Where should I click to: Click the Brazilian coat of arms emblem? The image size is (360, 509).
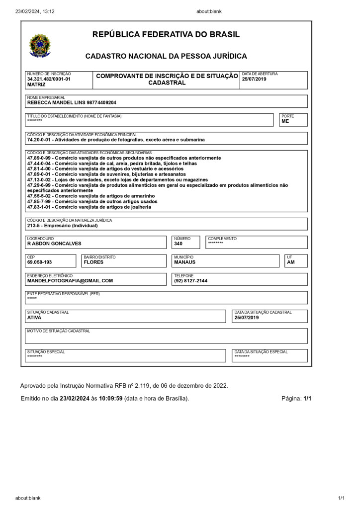pyautogui.click(x=40, y=46)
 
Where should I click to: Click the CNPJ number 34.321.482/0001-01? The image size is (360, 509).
pyautogui.click(x=49, y=79)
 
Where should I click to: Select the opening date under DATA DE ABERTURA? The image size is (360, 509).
pyautogui.click(x=254, y=79)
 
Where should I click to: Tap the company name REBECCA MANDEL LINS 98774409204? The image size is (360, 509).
pyautogui.click(x=72, y=102)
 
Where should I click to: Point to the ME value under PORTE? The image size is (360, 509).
pyautogui.click(x=285, y=121)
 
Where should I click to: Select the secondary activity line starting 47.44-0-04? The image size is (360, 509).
pyautogui.click(x=112, y=163)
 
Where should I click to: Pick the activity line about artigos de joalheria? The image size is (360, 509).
pyautogui.click(x=89, y=207)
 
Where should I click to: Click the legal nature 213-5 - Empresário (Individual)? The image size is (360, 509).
pyautogui.click(x=62, y=225)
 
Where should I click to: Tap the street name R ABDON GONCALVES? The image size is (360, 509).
pyautogui.click(x=54, y=244)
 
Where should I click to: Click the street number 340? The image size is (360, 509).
pyautogui.click(x=178, y=244)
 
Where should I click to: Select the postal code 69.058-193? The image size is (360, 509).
pyautogui.click(x=39, y=262)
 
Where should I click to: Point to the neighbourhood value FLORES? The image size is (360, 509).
pyautogui.click(x=93, y=262)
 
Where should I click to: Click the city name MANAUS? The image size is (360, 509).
pyautogui.click(x=184, y=262)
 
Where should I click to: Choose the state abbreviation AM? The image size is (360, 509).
pyautogui.click(x=291, y=262)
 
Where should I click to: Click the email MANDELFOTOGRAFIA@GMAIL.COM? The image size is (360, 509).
pyautogui.click(x=70, y=280)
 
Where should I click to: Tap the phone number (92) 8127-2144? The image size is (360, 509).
pyautogui.click(x=190, y=280)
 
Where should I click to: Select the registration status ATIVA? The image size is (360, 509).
pyautogui.click(x=34, y=317)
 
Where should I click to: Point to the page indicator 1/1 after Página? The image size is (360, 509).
pyautogui.click(x=307, y=399)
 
